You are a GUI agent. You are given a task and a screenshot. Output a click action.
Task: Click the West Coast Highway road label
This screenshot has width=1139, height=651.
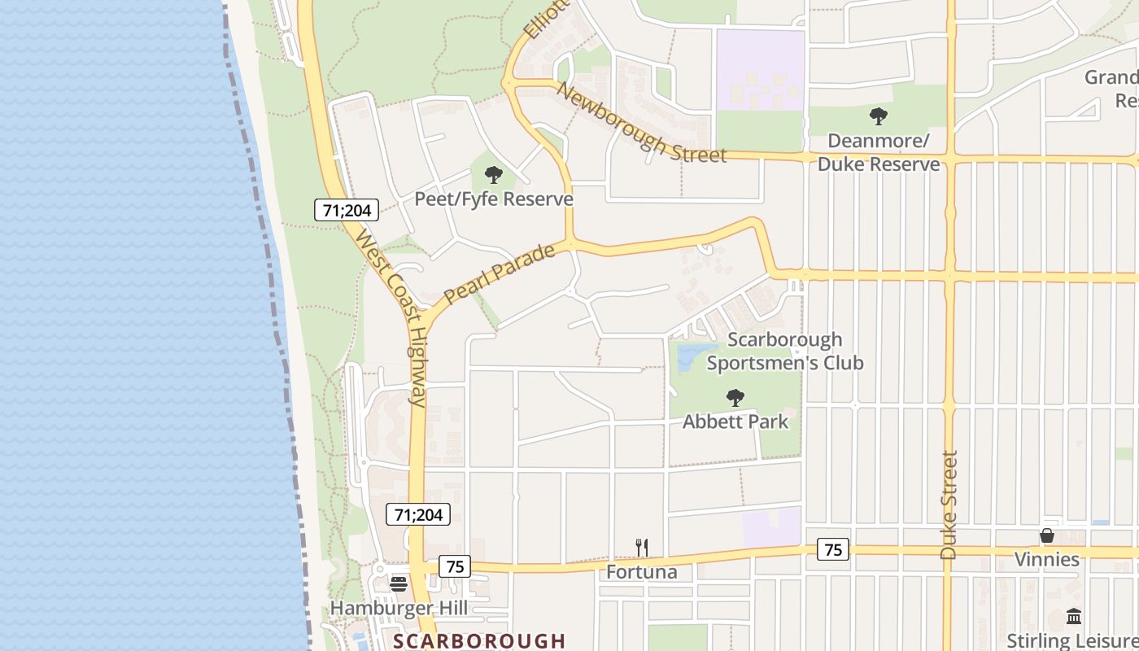391,317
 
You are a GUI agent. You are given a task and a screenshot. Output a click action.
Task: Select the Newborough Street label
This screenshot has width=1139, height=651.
640,122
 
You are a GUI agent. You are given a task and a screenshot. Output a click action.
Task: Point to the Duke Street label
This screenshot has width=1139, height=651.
949,505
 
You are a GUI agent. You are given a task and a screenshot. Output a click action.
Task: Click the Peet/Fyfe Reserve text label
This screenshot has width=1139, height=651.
494,199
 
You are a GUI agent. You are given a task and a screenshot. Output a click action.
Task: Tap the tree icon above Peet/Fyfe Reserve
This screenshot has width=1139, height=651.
493,175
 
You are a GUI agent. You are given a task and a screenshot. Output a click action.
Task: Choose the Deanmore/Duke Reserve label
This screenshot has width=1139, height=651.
879,152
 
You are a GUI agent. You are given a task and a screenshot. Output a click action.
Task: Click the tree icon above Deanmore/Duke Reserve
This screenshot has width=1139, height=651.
878,116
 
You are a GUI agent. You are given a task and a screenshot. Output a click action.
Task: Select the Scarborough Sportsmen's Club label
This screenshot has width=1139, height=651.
785,351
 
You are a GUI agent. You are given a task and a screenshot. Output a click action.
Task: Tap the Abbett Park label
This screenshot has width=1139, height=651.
735,422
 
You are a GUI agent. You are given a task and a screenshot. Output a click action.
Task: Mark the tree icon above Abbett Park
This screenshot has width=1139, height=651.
735,398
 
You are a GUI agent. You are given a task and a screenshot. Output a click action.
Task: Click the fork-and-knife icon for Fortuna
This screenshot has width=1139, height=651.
642,548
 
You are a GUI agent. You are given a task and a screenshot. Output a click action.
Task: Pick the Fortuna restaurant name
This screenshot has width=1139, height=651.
642,572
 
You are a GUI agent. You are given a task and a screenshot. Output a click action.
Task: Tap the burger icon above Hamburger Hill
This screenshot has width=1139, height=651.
399,583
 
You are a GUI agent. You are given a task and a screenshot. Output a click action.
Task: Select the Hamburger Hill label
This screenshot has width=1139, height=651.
399,608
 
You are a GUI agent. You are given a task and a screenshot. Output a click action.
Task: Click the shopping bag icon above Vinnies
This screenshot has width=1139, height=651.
1047,535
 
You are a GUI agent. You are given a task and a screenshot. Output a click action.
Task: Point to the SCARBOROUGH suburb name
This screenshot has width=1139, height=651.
479,640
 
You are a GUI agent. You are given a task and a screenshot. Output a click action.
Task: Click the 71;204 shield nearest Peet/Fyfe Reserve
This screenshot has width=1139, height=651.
347,210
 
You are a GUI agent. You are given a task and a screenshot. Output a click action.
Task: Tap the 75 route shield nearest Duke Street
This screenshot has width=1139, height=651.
833,550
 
